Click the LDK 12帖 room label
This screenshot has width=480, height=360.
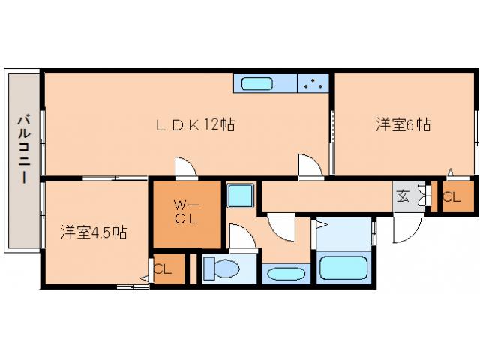[x=194, y=125]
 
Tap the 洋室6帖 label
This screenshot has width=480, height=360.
[x=403, y=125]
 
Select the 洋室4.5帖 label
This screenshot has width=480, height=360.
[x=94, y=232]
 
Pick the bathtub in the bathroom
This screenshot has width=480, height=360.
[x=343, y=268]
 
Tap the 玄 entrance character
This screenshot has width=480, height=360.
[x=402, y=197]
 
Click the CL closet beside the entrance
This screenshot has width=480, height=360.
[x=451, y=197]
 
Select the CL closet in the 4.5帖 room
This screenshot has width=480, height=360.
[x=163, y=268]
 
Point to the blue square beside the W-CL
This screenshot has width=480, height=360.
[x=241, y=196]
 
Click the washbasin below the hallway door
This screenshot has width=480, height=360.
[x=285, y=272]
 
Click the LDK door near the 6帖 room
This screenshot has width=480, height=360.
[x=308, y=166]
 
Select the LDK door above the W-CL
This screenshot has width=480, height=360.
[x=185, y=168]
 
